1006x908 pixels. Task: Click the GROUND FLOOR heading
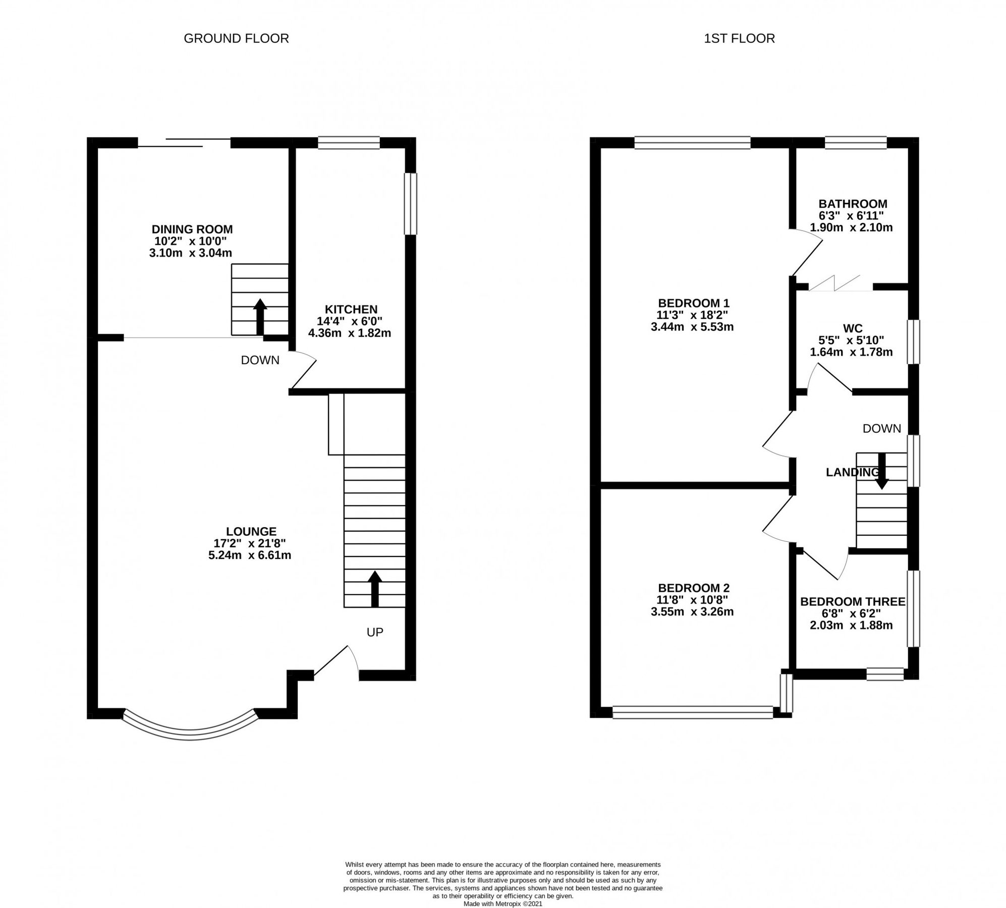236,38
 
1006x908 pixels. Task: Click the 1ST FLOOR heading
739,38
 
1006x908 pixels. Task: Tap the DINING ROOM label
192,230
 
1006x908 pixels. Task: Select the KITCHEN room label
351,309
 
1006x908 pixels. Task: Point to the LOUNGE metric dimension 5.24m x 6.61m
250,556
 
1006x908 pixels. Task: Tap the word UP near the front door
375,632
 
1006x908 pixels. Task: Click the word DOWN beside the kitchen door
260,360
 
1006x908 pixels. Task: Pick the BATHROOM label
853,204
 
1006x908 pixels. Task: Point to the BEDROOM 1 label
694,303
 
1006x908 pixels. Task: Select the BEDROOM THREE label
853,602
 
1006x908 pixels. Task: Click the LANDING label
852,472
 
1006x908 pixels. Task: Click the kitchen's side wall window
411,204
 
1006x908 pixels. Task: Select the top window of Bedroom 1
692,143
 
